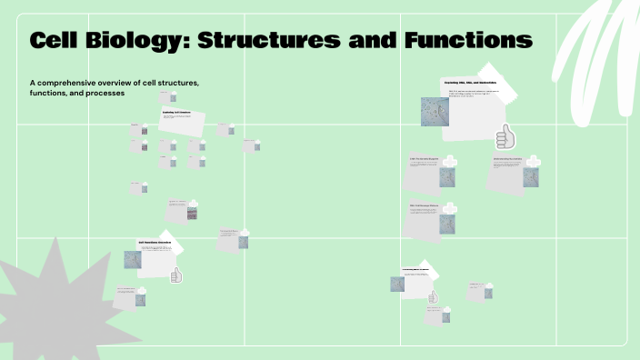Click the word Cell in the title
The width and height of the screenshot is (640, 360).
pyautogui.click(x=63, y=41)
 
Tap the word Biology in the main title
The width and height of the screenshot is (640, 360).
pyautogui.click(x=145, y=41)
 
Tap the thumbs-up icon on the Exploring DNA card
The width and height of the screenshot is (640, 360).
pyautogui.click(x=505, y=138)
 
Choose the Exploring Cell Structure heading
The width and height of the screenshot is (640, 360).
pyautogui.click(x=177, y=113)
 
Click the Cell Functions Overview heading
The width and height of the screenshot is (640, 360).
pyautogui.click(x=155, y=243)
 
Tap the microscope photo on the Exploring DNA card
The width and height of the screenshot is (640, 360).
pyautogui.click(x=434, y=110)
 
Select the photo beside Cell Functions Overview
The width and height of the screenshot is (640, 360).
pyautogui.click(x=133, y=259)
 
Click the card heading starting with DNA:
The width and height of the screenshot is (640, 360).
pyautogui.click(x=425, y=159)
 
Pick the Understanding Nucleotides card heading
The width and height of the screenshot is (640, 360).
pyautogui.click(x=507, y=159)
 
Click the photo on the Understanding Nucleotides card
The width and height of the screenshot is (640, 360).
pyautogui.click(x=530, y=176)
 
